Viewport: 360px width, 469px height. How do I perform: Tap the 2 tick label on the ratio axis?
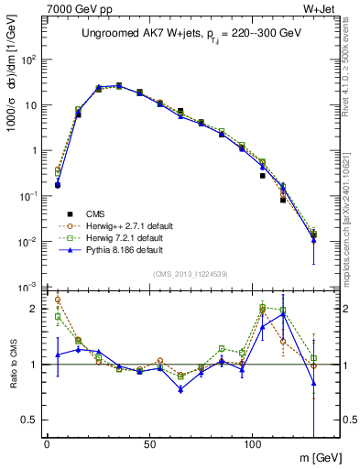35,309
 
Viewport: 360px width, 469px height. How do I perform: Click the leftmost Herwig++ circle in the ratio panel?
58,299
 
